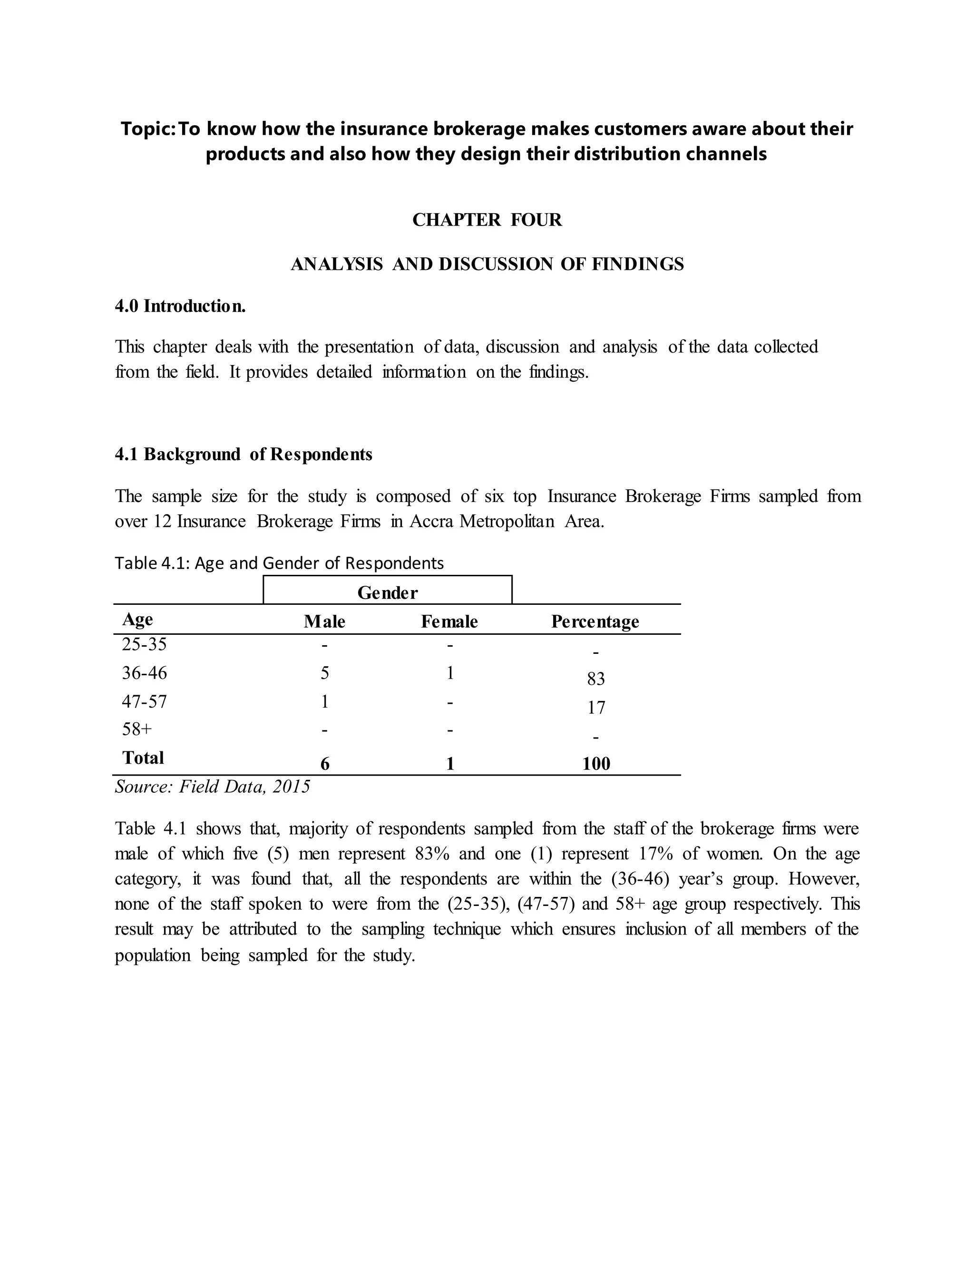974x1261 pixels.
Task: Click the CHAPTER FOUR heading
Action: point(487,220)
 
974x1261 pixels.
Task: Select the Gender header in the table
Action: point(387,593)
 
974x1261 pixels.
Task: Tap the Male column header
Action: point(324,621)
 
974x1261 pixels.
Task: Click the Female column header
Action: point(449,621)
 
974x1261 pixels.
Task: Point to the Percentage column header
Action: point(595,621)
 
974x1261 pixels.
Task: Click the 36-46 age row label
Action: point(144,673)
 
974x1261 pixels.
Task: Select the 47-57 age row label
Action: point(144,701)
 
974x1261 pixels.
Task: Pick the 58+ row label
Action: point(137,729)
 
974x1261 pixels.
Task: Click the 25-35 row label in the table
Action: point(144,644)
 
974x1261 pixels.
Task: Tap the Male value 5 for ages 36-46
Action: point(324,673)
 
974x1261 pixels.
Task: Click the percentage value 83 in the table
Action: point(595,679)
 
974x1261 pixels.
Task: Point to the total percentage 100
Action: point(596,764)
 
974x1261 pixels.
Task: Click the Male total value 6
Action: point(325,764)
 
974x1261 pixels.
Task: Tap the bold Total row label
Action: point(143,758)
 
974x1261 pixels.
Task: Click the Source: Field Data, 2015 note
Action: point(212,787)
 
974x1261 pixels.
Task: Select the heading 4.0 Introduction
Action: point(180,306)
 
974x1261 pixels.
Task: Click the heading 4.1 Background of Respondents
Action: point(243,454)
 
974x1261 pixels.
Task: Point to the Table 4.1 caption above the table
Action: point(279,563)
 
